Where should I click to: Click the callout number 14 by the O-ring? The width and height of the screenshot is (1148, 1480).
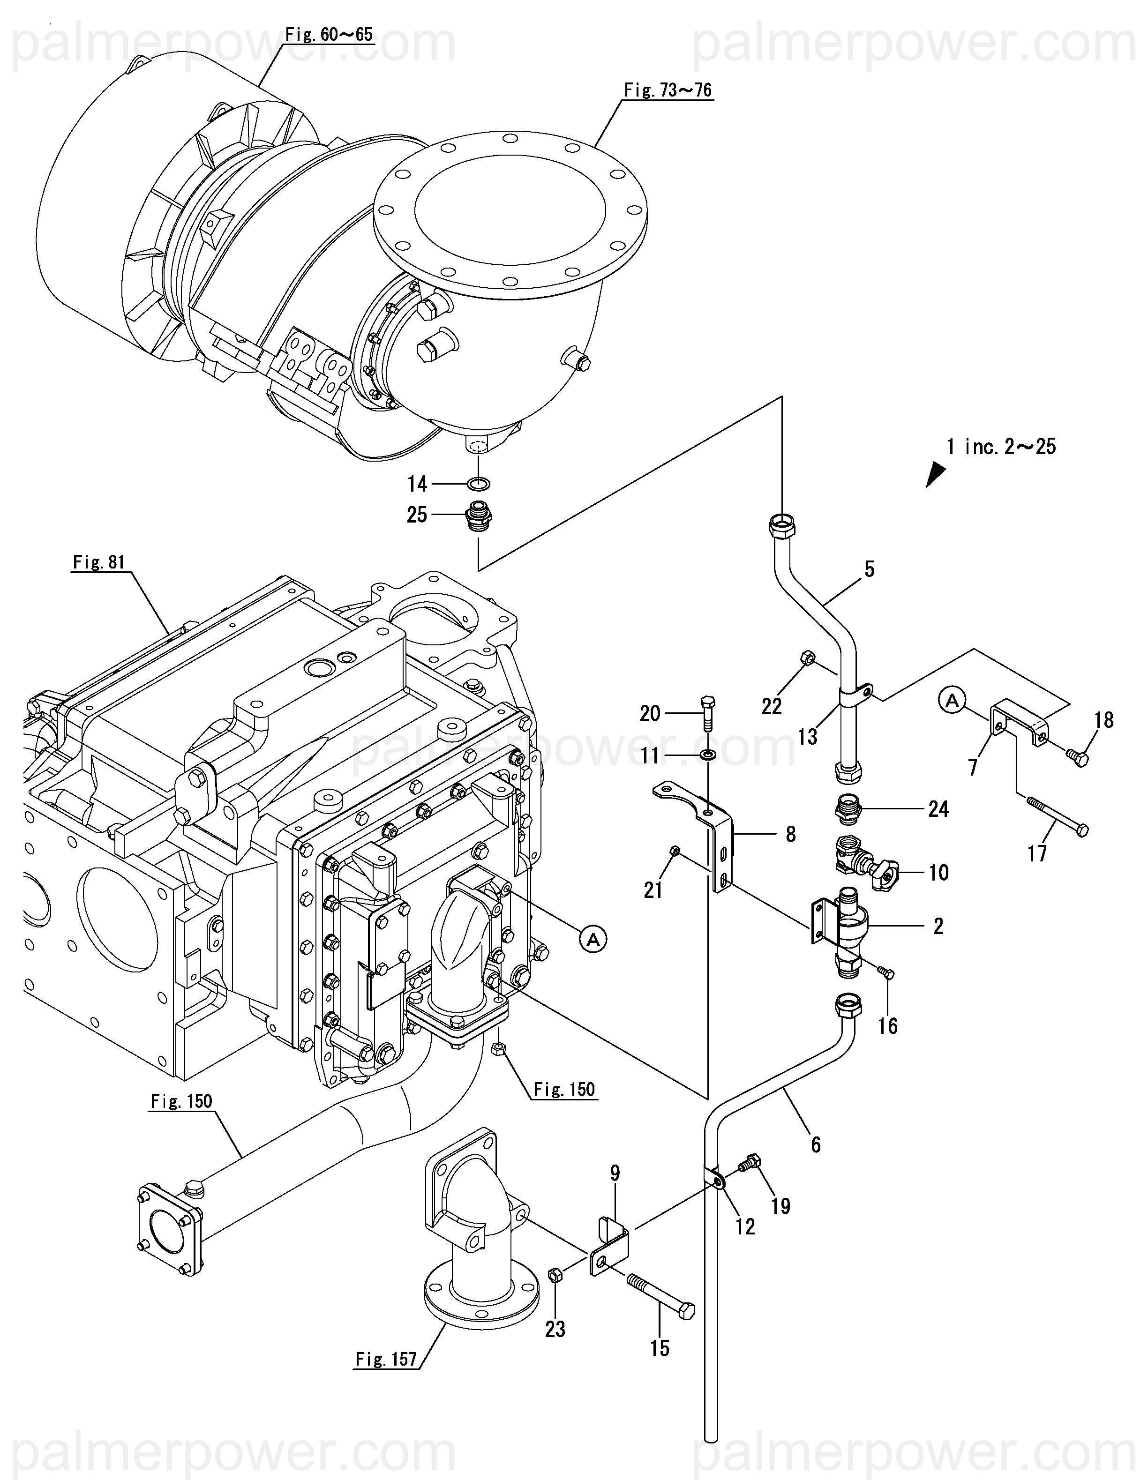click(x=417, y=484)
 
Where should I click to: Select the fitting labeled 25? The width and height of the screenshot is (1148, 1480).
click(x=479, y=516)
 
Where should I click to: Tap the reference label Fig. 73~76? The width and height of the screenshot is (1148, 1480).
click(x=668, y=90)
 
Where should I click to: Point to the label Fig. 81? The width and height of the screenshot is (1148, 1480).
click(x=99, y=562)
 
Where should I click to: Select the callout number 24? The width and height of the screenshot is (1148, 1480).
click(x=938, y=808)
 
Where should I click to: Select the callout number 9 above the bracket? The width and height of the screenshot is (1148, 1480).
click(x=615, y=1173)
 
